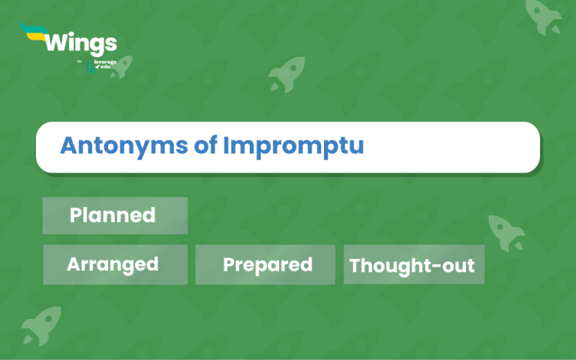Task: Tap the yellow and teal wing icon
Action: point(33,32)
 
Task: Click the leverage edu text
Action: point(106,64)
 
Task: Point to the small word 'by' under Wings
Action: point(79,61)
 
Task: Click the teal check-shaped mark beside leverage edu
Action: point(91,69)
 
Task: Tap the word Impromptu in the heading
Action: point(292,146)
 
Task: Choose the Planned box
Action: point(115,216)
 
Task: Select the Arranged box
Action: point(115,265)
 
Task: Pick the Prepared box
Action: point(265,265)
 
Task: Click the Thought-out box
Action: point(413,265)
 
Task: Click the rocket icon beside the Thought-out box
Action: point(507,232)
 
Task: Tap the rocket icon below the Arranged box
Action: point(40,325)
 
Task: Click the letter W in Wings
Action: point(55,42)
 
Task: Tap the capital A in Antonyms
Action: point(69,145)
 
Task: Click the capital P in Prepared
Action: point(229,265)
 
